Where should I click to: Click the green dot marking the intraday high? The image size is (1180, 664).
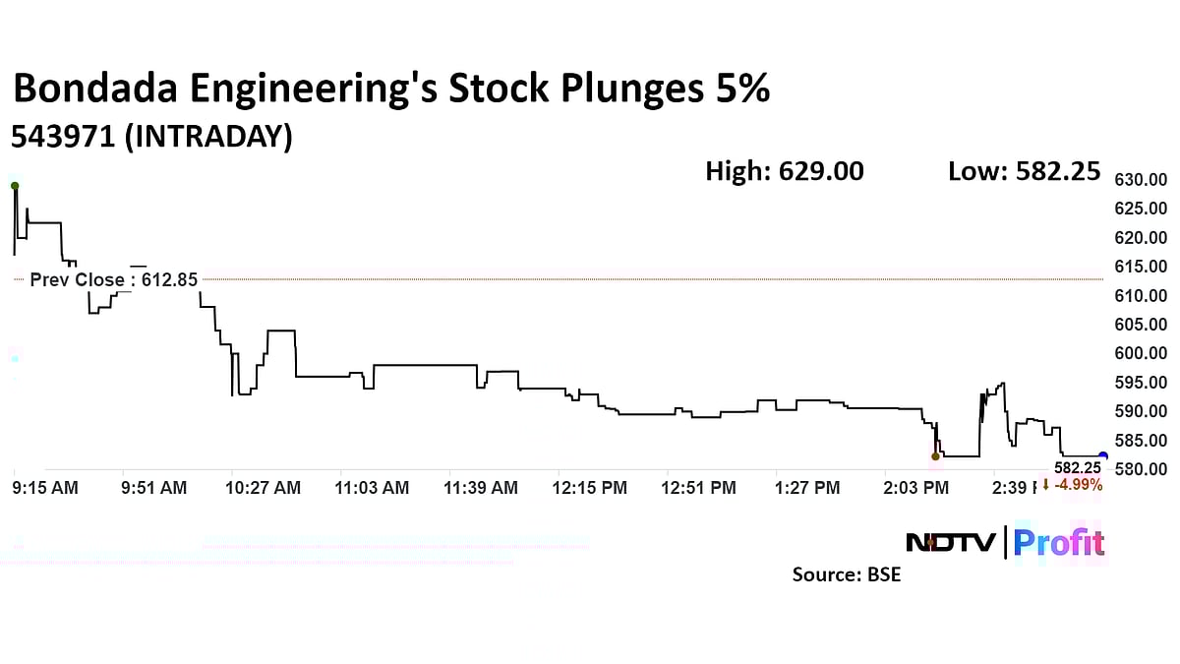click(x=14, y=186)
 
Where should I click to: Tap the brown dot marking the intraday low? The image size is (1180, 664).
click(x=935, y=456)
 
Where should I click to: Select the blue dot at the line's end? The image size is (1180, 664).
click(x=1102, y=456)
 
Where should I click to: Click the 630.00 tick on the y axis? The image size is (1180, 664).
click(x=1140, y=180)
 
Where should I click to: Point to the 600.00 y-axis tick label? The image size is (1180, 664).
click(x=1140, y=353)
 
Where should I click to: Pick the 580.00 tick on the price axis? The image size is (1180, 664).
click(x=1140, y=469)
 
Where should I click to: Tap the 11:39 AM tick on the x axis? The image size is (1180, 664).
click(x=481, y=488)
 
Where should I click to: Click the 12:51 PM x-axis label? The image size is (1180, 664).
click(x=699, y=488)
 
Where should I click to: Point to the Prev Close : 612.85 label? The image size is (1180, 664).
click(x=113, y=280)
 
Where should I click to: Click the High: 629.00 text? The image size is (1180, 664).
click(x=784, y=171)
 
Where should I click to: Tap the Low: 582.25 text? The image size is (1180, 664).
click(x=1023, y=171)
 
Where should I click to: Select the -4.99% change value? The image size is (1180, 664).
click(x=1079, y=484)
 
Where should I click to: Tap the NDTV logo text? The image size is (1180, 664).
click(x=950, y=543)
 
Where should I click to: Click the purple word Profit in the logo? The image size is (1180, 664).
click(x=1059, y=543)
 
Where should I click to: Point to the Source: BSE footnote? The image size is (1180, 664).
click(x=846, y=574)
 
